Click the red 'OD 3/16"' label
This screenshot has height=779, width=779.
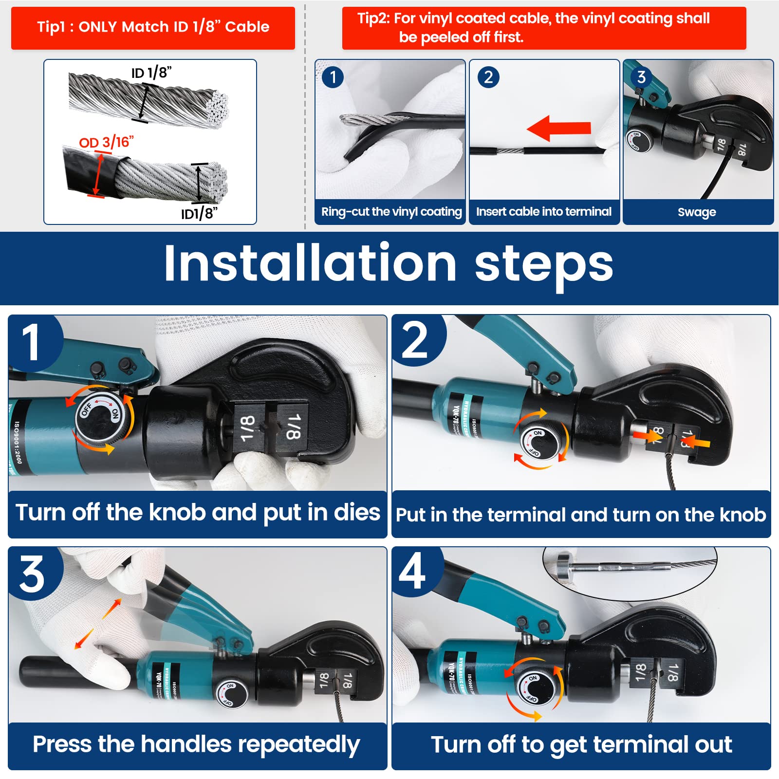point(106,143)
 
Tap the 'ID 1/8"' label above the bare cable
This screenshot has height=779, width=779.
point(151,73)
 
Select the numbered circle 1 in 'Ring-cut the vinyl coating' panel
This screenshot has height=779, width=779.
point(333,77)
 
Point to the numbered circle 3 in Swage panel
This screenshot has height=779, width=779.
point(641,77)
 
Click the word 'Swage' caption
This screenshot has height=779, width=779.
point(697,212)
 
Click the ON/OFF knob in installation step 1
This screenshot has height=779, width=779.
point(100,415)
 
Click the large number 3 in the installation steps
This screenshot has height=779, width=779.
point(32,575)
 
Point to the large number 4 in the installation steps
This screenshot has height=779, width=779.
point(412,572)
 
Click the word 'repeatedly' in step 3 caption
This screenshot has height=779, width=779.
point(298,745)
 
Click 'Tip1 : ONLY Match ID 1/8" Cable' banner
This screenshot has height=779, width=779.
point(153,27)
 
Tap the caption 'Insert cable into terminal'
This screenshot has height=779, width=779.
point(543,212)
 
